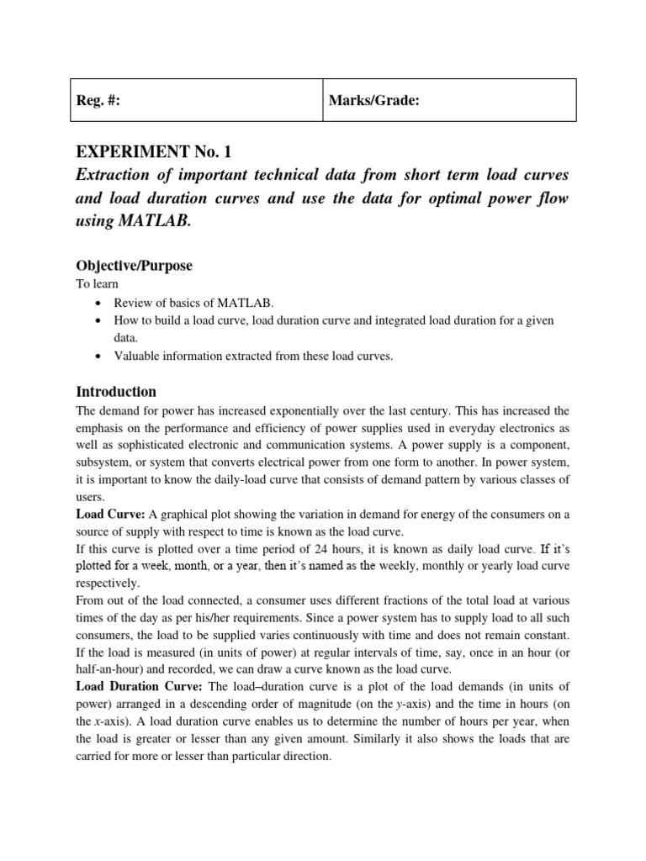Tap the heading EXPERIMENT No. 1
click(152, 152)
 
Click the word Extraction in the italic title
click(115, 175)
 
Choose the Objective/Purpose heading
click(134, 266)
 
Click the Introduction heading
click(116, 392)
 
